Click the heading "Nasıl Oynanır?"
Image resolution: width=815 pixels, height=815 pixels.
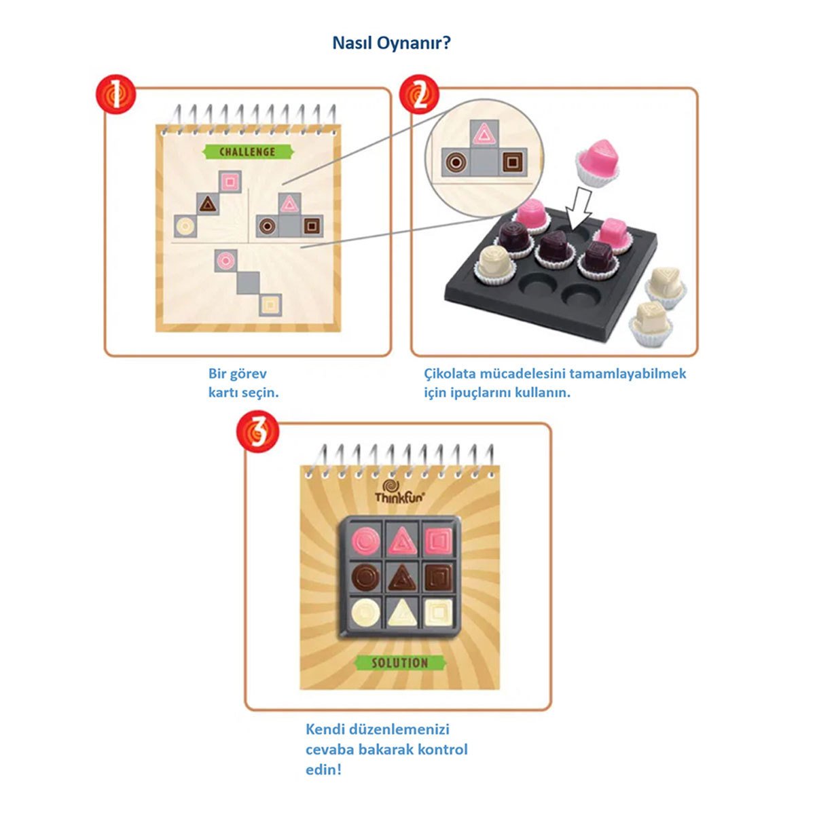tap(391, 43)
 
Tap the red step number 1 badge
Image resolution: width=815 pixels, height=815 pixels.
tap(116, 94)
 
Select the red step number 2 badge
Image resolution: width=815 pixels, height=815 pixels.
tap(419, 94)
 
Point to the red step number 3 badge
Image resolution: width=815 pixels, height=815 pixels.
tap(257, 431)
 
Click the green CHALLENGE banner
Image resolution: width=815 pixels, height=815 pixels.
tap(248, 152)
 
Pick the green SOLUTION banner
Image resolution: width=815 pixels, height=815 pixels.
tap(400, 663)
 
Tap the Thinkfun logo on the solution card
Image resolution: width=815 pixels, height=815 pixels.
tap(399, 492)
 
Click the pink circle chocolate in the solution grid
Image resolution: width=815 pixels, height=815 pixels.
tap(365, 541)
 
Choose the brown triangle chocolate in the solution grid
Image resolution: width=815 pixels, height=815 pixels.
tap(401, 577)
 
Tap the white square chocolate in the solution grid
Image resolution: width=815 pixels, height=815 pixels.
tap(438, 613)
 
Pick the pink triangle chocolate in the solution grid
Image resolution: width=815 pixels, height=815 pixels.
tap(402, 541)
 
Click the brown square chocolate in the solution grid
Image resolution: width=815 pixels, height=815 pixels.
tap(439, 577)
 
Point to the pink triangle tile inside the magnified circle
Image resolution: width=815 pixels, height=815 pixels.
tap(484, 134)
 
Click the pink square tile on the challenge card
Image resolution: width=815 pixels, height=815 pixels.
tap(230, 182)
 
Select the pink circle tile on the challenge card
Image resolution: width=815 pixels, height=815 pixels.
tap(225, 261)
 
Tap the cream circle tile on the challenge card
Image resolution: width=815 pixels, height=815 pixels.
tap(185, 226)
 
